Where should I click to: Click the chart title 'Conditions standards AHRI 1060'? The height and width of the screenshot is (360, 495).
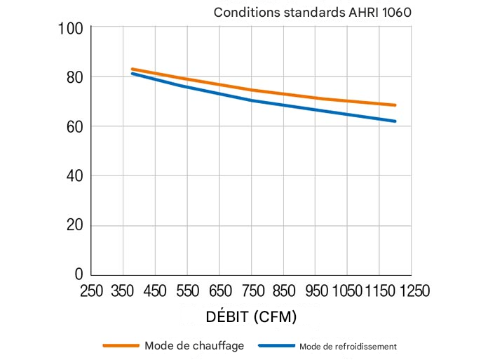click(x=312, y=13)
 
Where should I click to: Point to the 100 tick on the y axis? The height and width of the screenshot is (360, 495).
click(x=74, y=28)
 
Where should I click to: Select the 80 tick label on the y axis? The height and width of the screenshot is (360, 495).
click(x=74, y=76)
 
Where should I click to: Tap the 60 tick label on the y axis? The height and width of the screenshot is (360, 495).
click(x=74, y=126)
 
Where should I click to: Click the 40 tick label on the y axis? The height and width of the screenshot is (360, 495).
click(x=74, y=175)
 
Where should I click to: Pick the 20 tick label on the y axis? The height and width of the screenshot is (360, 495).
click(x=74, y=225)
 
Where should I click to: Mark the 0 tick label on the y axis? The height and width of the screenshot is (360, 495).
click(x=79, y=274)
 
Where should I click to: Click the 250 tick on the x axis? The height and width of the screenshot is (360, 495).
click(x=92, y=291)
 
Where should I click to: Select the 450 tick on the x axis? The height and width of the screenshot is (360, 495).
click(x=156, y=291)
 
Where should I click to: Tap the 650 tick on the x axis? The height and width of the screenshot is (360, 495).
click(x=219, y=291)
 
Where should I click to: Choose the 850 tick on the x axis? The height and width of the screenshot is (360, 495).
click(x=283, y=291)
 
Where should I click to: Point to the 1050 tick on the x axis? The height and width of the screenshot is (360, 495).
click(x=347, y=291)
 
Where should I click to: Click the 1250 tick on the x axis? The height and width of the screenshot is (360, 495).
click(x=412, y=291)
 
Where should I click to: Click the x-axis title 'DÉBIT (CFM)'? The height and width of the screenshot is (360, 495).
click(x=251, y=316)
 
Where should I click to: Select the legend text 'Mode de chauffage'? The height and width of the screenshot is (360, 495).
click(x=194, y=345)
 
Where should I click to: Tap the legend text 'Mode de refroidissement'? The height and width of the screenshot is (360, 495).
click(x=348, y=346)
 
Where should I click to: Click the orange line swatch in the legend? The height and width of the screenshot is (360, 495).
click(x=121, y=345)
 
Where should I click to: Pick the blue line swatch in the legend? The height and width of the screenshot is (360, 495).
click(x=276, y=345)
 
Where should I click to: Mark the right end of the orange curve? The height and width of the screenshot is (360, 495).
click(x=395, y=105)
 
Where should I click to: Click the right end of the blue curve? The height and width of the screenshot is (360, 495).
click(x=395, y=121)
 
